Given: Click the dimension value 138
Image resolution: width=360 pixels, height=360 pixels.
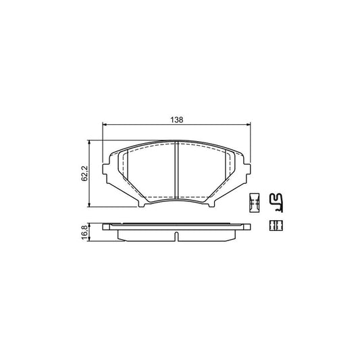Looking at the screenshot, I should point(176,119).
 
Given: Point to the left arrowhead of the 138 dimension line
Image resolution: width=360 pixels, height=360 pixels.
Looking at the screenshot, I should point(103,124).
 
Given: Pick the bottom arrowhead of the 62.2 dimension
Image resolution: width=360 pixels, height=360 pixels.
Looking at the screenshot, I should point(91,205).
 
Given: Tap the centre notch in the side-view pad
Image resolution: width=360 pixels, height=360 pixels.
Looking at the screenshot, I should point(176,236).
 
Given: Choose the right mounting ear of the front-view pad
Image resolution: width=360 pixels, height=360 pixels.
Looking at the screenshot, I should point(245,171).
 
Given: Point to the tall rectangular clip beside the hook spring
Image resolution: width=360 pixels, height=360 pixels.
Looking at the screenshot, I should point(255,201).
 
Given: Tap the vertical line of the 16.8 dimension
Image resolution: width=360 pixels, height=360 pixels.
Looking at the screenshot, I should point(91,230).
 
